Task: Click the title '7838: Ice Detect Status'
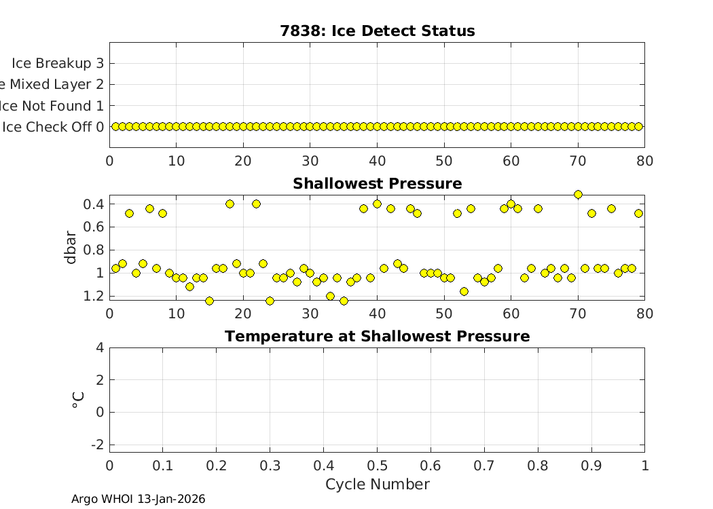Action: pos(377,31)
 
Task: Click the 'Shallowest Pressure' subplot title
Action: pos(377,184)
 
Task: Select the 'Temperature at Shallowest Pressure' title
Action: pos(377,337)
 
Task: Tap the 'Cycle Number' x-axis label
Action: pos(377,484)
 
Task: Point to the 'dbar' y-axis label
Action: pos(72,248)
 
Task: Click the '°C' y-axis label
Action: pos(77,400)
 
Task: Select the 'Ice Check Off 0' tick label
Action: pos(53,127)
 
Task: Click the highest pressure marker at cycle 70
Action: pos(578,194)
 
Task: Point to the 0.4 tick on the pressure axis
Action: pos(93,204)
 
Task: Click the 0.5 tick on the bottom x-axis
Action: pos(377,465)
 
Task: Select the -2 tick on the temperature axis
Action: pos(98,444)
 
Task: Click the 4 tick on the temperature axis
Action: pos(100,347)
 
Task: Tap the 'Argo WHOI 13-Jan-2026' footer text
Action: pos(138,499)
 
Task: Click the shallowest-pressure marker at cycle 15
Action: pos(209,301)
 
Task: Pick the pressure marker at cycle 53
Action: pos(464,291)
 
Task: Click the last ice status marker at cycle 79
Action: pos(638,126)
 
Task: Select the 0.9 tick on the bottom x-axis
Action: pos(591,465)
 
